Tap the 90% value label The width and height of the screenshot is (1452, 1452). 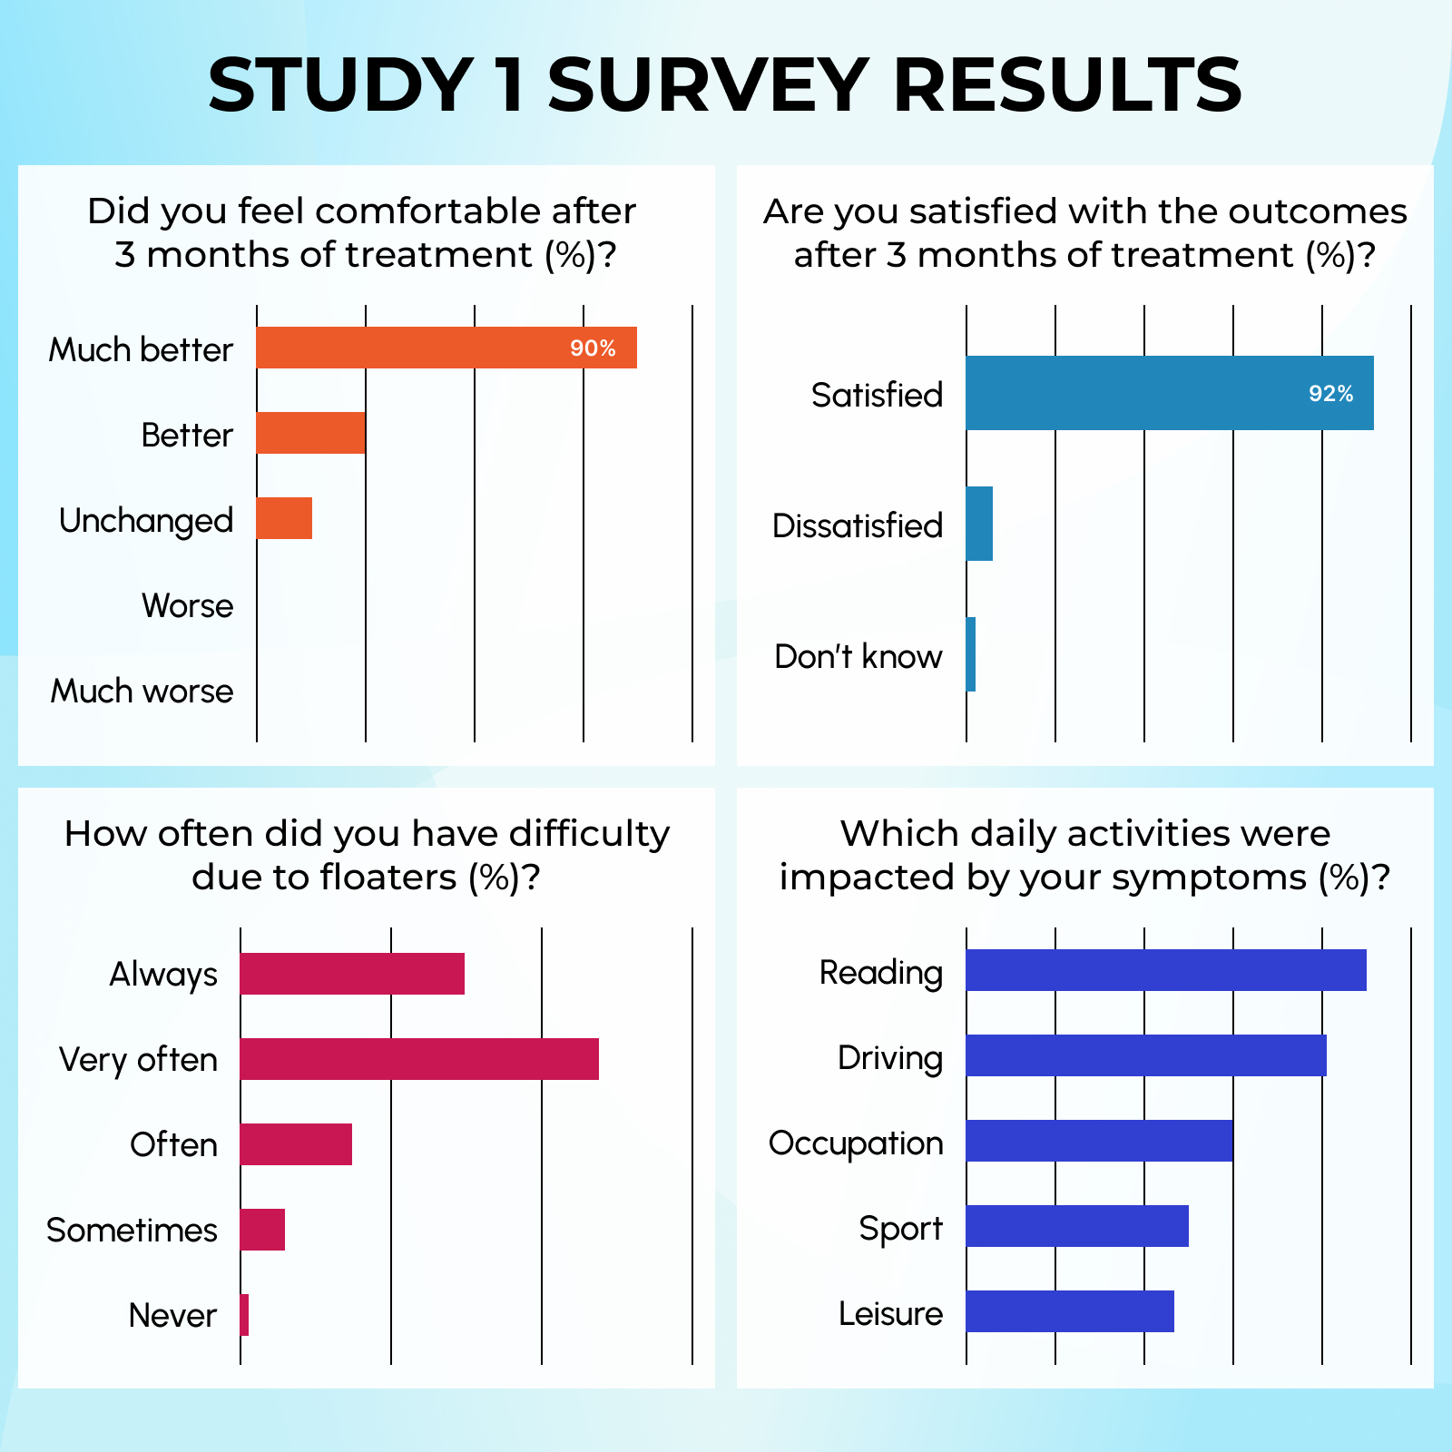tap(593, 348)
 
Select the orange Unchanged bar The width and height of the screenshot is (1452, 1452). tap(284, 518)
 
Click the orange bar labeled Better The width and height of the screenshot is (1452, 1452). tap(310, 433)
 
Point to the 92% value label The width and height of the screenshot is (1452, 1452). tap(1330, 394)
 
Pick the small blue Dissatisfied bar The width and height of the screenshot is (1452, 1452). tap(979, 524)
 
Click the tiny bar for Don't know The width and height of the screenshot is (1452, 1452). tap(971, 654)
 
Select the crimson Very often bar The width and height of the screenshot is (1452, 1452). tap(419, 1059)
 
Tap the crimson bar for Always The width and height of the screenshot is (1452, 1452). tap(352, 974)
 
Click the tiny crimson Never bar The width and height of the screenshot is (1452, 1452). tap(245, 1315)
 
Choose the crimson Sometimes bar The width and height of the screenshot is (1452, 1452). tap(262, 1230)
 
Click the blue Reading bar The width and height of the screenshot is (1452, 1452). tap(1166, 970)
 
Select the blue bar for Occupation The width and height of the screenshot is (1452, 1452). tap(1099, 1141)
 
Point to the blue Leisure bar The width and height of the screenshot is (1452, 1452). tap(1070, 1311)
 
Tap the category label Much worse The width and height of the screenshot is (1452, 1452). tap(142, 692)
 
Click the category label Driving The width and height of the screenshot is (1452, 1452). tap(889, 1058)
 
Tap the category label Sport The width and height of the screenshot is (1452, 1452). tap(900, 1229)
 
